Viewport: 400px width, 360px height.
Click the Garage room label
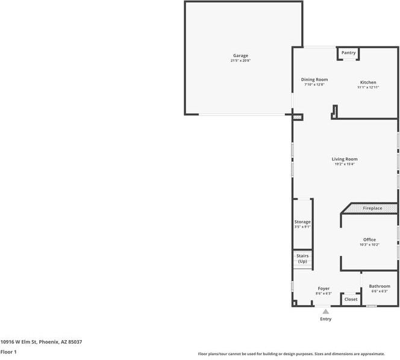pyautogui.click(x=240, y=55)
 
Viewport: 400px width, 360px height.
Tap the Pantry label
pyautogui.click(x=349, y=53)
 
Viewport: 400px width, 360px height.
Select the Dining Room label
pyautogui.click(x=314, y=79)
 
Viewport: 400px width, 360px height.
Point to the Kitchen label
pyautogui.click(x=368, y=82)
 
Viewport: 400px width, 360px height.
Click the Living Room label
pyautogui.click(x=345, y=159)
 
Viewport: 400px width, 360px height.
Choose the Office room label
pyautogui.click(x=369, y=240)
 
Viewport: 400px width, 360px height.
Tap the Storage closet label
pyautogui.click(x=302, y=222)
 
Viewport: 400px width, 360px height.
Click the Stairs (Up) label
pyautogui.click(x=302, y=259)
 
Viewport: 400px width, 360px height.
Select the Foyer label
pyautogui.click(x=323, y=288)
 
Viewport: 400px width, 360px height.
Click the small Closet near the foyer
pyautogui.click(x=351, y=299)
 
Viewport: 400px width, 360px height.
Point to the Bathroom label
pyautogui.click(x=380, y=287)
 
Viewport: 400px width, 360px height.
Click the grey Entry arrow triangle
pyautogui.click(x=326, y=311)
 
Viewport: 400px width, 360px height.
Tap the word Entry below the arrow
pyautogui.click(x=326, y=319)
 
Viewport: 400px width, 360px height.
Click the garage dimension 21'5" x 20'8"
pyautogui.click(x=240, y=61)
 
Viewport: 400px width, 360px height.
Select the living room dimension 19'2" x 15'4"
pyautogui.click(x=345, y=164)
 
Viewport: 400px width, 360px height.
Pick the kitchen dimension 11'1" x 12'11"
pyautogui.click(x=368, y=88)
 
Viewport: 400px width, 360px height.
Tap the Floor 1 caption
pyautogui.click(x=8, y=352)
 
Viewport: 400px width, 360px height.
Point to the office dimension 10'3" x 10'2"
pyautogui.click(x=369, y=245)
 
